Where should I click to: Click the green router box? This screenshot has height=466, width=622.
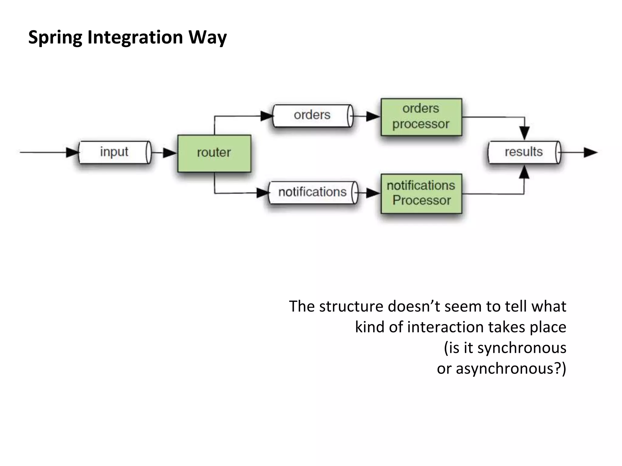click(214, 153)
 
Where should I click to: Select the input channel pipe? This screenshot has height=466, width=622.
click(114, 152)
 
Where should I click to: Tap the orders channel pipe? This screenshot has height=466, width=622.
click(313, 116)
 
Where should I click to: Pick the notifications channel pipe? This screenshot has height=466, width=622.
click(313, 192)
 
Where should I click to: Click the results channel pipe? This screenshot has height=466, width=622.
click(524, 152)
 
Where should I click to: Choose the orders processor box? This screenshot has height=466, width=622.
click(421, 117)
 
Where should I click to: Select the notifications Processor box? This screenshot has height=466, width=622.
click(421, 193)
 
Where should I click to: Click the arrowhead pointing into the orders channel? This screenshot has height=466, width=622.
click(267, 116)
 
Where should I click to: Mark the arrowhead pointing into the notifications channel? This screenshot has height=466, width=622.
click(263, 193)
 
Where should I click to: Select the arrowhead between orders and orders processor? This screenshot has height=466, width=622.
click(373, 116)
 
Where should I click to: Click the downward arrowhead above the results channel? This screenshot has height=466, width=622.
click(525, 133)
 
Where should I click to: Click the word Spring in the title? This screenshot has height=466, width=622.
click(55, 38)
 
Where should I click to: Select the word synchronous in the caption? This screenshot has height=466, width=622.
click(521, 348)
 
